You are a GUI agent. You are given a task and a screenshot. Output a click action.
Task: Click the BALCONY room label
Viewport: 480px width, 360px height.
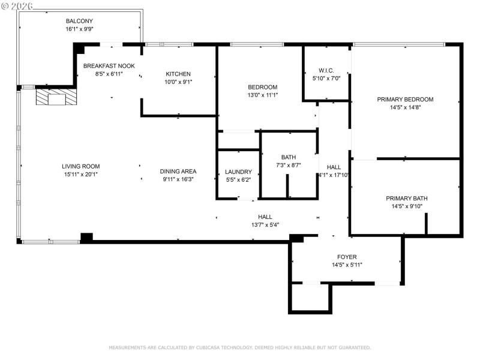pos(79,21)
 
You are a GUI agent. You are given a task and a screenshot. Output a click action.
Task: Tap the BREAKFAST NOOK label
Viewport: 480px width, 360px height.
pos(109,65)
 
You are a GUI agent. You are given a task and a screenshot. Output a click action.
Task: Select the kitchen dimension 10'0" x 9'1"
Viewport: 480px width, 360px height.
pos(178,82)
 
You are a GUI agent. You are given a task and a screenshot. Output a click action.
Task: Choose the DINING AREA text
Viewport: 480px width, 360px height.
pos(178,170)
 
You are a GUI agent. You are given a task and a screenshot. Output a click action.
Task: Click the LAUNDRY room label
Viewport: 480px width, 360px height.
pos(238,171)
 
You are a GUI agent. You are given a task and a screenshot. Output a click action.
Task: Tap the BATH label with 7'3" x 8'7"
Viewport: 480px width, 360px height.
pos(289,157)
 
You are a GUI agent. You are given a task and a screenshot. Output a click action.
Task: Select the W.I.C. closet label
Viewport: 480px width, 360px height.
pos(326,70)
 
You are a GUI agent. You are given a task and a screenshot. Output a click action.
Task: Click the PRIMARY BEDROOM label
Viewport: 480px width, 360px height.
pos(405,100)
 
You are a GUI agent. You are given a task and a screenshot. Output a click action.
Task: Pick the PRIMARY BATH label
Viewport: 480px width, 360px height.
pos(406,198)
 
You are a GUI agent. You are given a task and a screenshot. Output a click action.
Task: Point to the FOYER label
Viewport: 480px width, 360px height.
pos(347,257)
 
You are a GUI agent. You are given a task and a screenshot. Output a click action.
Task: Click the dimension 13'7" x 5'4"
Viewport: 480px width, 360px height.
pos(265,225)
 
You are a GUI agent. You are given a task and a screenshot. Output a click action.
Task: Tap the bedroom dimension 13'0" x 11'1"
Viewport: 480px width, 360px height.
pos(262,95)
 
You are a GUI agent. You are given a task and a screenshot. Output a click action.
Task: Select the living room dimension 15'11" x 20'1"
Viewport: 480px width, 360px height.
pos(80,175)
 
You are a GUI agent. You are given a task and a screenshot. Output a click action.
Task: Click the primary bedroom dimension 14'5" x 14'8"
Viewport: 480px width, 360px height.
pos(405,108)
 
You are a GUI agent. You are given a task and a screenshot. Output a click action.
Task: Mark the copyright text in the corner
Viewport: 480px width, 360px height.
pos(18,5)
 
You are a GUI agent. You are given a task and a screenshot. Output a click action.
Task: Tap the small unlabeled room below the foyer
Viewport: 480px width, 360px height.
pos(310,298)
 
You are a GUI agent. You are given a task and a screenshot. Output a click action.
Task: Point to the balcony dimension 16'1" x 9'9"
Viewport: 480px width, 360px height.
pos(79,29)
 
